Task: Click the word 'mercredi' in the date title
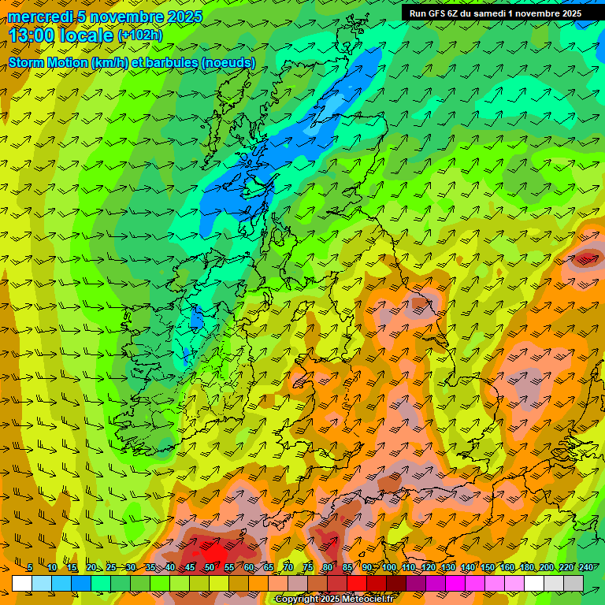37,17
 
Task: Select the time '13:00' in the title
32,35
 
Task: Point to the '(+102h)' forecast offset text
140,35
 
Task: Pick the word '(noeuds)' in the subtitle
228,62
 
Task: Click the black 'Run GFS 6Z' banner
495,13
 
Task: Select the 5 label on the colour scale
29,567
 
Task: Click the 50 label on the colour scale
210,567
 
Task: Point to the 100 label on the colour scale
389,567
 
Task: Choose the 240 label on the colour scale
586,567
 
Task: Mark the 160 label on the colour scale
507,567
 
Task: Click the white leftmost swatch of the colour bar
21,583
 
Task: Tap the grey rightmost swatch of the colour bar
573,583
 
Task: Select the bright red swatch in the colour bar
357,583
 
